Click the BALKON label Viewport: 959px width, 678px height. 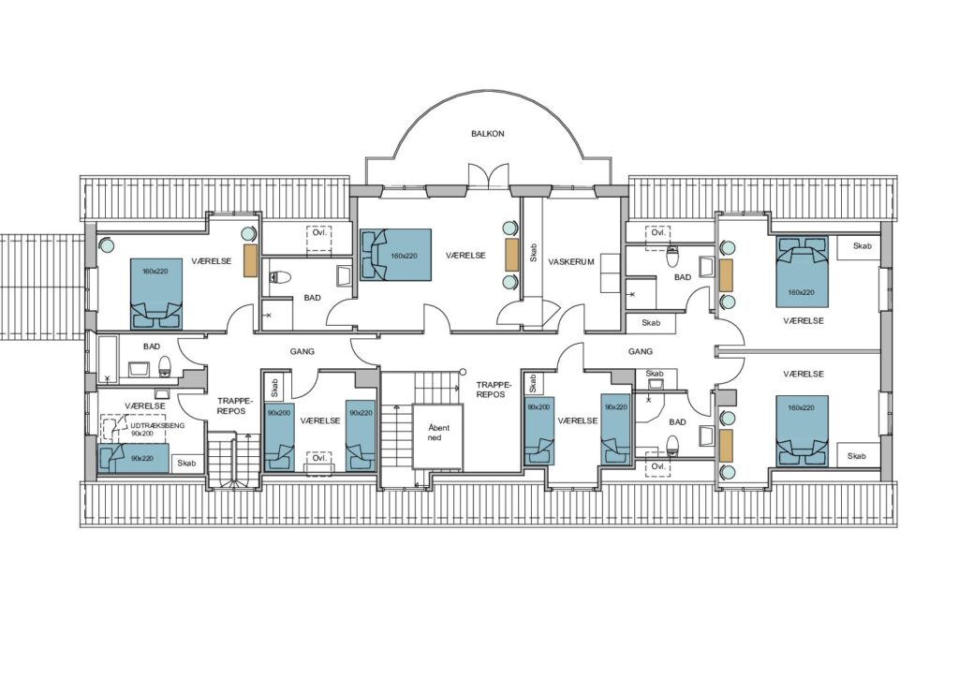tap(487, 133)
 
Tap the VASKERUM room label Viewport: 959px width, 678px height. tap(570, 261)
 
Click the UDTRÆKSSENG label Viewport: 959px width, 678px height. tap(157, 425)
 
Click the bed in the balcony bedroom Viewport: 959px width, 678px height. tap(396, 255)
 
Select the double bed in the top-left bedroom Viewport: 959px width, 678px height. tap(156, 294)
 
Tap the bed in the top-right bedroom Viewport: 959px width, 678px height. tap(802, 273)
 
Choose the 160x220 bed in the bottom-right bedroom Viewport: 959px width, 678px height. tap(802, 431)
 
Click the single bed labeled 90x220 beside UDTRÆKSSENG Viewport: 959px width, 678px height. tap(133, 458)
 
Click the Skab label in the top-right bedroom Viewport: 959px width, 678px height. tap(862, 245)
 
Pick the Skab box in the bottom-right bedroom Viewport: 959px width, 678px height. tap(858, 455)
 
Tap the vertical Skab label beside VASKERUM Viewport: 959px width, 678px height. tap(533, 253)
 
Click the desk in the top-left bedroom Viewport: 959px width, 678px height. tap(250, 260)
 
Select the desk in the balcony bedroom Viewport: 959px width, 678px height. tap(511, 255)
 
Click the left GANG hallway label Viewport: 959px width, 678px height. tap(302, 351)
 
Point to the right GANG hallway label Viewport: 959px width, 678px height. tap(641, 351)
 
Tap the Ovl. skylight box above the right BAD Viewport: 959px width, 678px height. tap(657, 233)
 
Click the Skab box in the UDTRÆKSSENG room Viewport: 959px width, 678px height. tap(186, 464)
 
